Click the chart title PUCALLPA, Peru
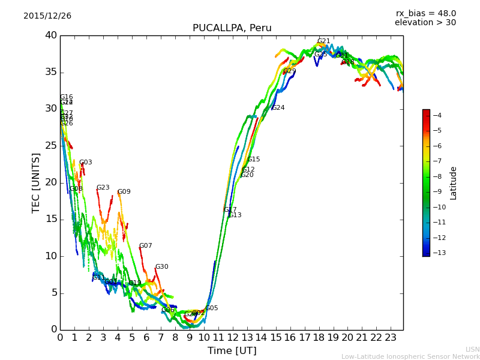pyautogui.click(x=232, y=28)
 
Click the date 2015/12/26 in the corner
pyautogui.click(x=47, y=16)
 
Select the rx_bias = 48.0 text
pyautogui.click(x=425, y=13)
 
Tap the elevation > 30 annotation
pyautogui.click(x=425, y=23)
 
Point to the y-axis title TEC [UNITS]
pyautogui.click(x=36, y=182)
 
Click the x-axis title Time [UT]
pyautogui.click(x=232, y=351)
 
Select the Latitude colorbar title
pyautogui.click(x=454, y=182)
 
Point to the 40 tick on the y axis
pyautogui.click(x=50, y=35)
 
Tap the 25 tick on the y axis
pyautogui.click(x=50, y=146)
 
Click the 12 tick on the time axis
pyautogui.click(x=232, y=337)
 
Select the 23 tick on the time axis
pyautogui.click(x=391, y=337)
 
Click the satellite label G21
pyautogui.click(x=323, y=41)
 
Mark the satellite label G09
pyautogui.click(x=124, y=192)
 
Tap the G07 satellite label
pyautogui.click(x=145, y=246)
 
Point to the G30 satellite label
pyautogui.click(x=161, y=267)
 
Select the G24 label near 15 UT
pyautogui.click(x=278, y=108)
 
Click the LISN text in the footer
pyautogui.click(x=472, y=349)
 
